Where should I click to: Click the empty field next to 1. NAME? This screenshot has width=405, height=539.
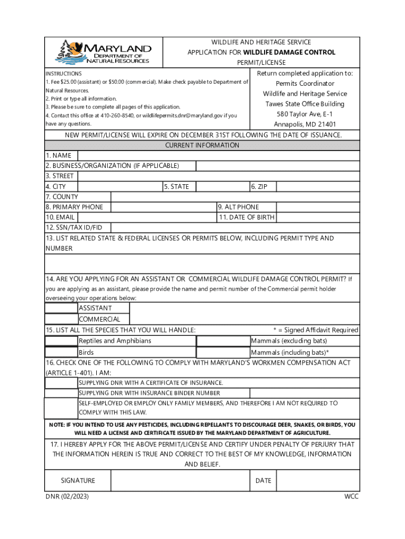218,155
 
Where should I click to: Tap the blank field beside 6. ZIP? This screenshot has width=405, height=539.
318,186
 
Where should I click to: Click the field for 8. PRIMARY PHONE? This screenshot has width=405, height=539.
164,207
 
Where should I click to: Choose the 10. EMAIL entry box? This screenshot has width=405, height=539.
147,217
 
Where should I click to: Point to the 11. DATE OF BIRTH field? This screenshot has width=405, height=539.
318,217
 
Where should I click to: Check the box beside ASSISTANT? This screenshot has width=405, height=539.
61,308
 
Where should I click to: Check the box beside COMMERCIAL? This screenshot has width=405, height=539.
61,319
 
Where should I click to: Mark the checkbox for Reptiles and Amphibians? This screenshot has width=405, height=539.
61,341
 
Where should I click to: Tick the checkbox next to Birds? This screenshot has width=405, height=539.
61,352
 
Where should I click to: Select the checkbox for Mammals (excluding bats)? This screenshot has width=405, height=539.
223,341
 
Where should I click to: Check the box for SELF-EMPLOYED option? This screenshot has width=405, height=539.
61,408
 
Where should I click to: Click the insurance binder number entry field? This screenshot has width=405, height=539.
305,393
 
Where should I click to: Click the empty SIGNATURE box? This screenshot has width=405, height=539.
180,480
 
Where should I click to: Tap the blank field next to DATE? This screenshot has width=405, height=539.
318,480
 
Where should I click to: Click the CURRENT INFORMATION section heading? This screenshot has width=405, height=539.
202,145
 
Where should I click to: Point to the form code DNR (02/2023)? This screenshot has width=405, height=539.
67,496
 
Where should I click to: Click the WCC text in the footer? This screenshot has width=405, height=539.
351,496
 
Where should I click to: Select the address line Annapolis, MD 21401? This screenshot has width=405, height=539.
305,124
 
